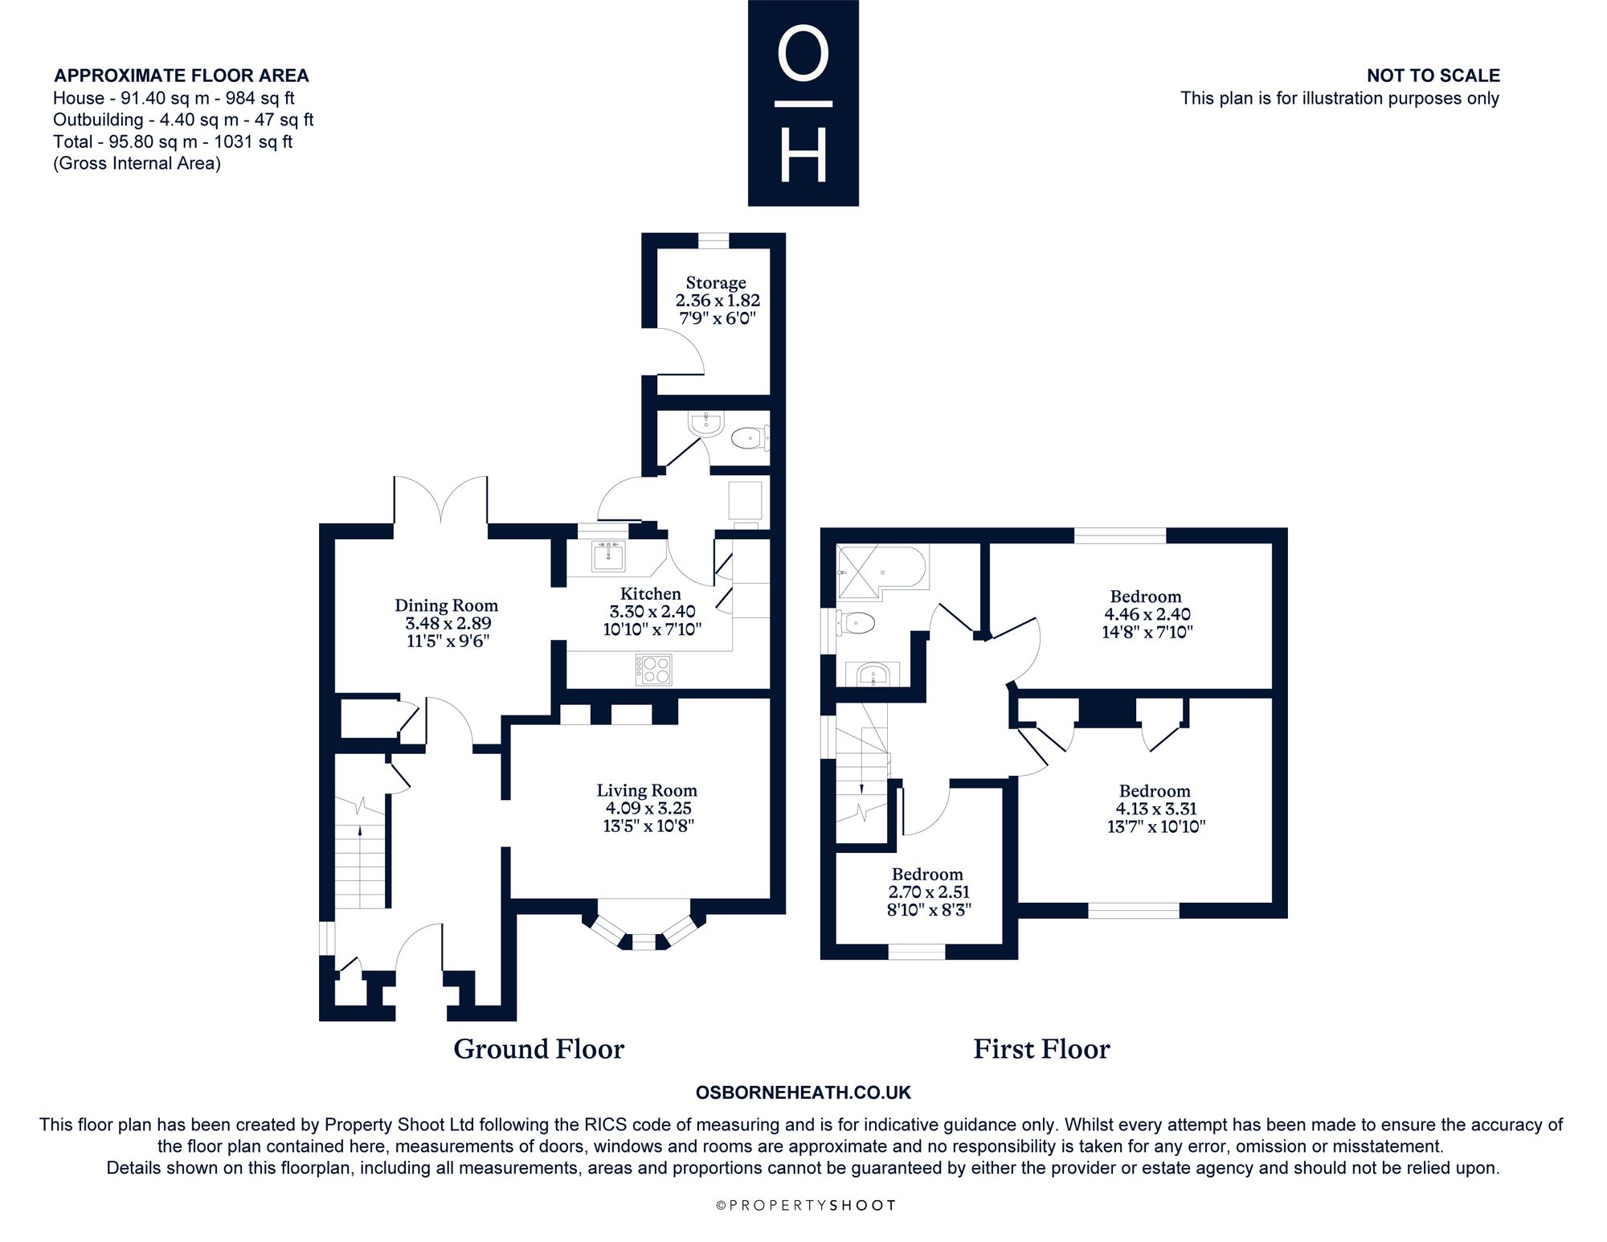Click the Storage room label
[x=716, y=283]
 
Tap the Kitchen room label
[x=650, y=593]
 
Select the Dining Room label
[x=446, y=605]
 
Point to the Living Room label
[x=646, y=790]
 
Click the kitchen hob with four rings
[x=654, y=670]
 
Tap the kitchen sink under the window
[x=608, y=555]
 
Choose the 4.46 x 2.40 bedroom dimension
[x=1146, y=614]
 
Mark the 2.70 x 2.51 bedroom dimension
[x=927, y=892]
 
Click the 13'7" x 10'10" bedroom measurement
[x=1155, y=826]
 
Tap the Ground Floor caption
[x=538, y=1049]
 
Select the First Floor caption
[x=1041, y=1049]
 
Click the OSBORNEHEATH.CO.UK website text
[x=803, y=1092]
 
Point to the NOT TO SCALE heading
[x=1433, y=76]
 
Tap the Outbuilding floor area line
[x=183, y=120]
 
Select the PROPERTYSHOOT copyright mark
[x=805, y=1205]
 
